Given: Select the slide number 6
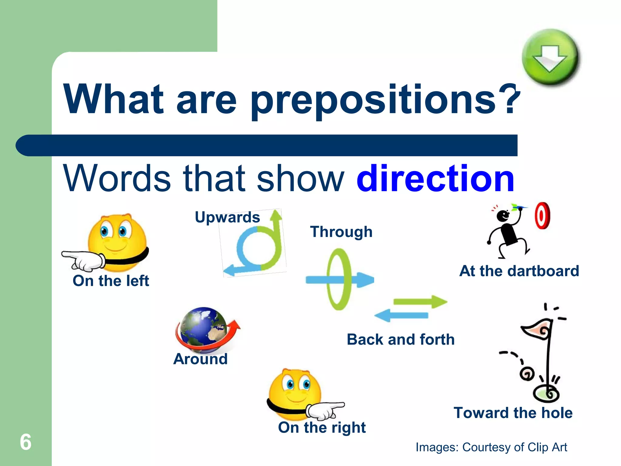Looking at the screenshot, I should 25,442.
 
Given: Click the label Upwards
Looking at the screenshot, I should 227,217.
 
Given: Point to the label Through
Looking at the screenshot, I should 341,232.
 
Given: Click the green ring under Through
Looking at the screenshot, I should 339,279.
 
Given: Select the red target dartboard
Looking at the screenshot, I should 542,215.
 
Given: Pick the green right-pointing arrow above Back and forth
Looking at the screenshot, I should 420,302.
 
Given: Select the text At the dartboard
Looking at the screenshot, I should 519,271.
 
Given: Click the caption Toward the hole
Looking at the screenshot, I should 513,413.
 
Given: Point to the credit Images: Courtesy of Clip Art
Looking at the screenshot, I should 491,447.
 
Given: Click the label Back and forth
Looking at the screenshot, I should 401,339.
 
